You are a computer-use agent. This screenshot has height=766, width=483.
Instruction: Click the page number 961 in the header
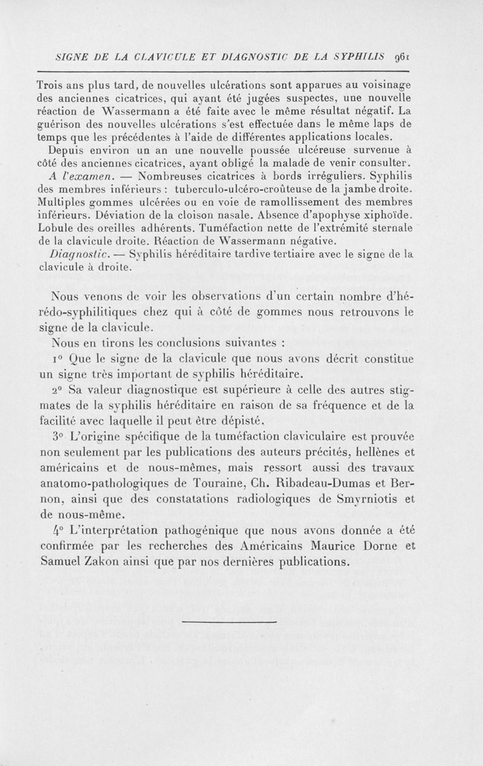coord(401,60)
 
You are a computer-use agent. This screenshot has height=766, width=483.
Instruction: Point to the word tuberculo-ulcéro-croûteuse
coord(235,189)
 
